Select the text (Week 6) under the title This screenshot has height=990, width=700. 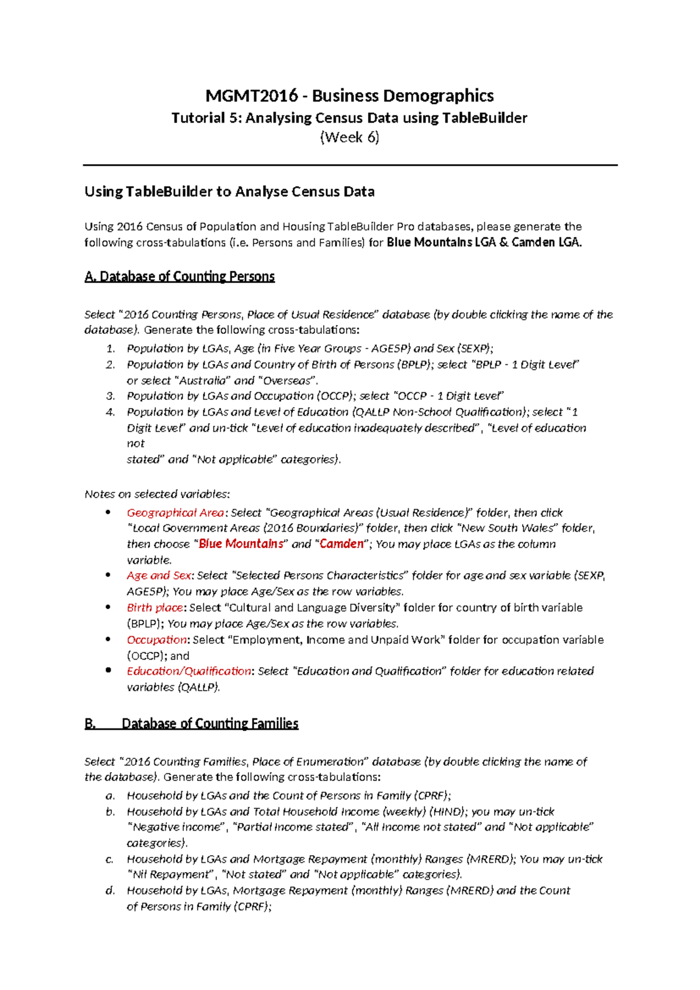tap(349, 138)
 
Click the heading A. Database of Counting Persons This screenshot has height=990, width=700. tap(180, 277)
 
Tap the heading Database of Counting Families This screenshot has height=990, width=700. tap(210, 724)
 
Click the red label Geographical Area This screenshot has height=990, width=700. tap(175, 513)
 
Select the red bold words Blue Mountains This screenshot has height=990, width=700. tap(241, 544)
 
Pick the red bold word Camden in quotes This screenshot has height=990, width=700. tap(341, 544)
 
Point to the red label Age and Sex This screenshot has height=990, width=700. tap(159, 576)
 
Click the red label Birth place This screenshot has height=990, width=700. tap(155, 608)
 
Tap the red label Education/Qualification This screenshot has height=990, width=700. tap(189, 671)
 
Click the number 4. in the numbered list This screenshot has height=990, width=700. tap(111, 412)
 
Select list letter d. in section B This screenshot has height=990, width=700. tap(110, 891)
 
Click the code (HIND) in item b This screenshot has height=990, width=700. tap(448, 812)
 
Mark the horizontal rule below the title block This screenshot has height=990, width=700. tap(350, 165)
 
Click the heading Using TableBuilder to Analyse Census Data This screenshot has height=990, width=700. tap(229, 192)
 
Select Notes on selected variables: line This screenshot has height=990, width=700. tap(157, 494)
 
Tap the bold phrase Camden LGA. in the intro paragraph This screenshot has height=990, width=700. tap(546, 243)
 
